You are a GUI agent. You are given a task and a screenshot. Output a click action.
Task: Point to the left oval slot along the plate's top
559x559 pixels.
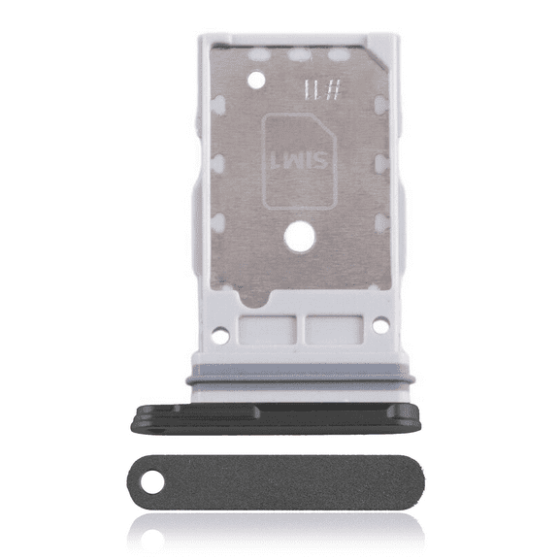tap(260, 55)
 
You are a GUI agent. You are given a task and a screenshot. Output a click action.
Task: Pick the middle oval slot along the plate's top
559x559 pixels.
tap(299, 55)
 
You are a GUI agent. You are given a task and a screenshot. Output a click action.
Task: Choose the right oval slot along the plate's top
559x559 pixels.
tap(338, 55)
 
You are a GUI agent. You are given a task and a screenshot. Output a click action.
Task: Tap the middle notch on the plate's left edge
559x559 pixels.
tap(219, 161)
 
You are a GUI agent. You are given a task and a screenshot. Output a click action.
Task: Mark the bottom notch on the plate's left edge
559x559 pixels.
tap(219, 222)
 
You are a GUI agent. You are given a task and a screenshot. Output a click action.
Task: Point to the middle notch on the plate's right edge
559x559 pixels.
tap(381, 161)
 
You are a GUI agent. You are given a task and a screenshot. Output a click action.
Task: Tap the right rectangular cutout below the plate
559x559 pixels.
tap(333, 330)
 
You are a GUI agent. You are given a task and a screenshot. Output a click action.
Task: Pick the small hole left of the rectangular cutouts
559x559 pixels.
tap(220, 335)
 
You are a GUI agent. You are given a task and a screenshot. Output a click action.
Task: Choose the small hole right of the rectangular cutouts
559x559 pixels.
tap(380, 335)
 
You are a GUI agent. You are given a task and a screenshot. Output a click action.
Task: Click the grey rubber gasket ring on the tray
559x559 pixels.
tap(299, 382)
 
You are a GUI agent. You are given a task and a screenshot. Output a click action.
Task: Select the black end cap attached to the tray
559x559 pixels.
tap(275, 415)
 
